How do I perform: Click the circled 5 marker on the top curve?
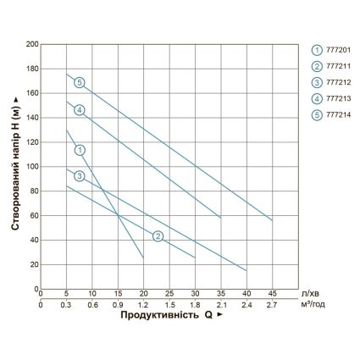point(80,83)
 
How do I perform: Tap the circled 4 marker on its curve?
point(80,110)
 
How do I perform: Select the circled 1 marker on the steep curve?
point(80,150)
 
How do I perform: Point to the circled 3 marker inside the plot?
point(80,176)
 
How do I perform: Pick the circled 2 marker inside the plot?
point(158,235)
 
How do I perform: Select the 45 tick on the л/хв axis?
point(272,295)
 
